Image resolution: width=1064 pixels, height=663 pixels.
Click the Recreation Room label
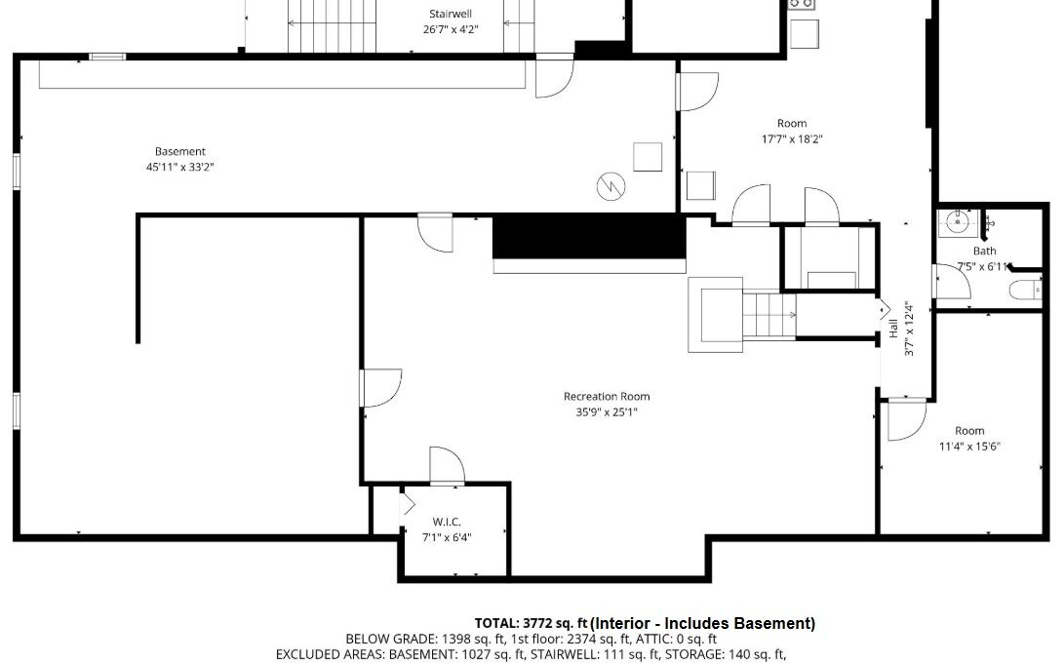click(607, 396)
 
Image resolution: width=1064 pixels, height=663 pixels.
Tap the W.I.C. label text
click(447, 522)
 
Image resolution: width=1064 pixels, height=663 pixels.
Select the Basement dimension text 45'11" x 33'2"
click(179, 167)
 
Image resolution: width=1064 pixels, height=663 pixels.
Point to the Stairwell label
click(451, 14)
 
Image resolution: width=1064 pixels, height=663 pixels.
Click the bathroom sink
click(958, 222)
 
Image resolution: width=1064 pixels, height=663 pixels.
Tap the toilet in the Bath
click(1025, 290)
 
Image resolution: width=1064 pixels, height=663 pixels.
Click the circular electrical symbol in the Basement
click(611, 186)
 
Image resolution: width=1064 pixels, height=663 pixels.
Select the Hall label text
click(893, 329)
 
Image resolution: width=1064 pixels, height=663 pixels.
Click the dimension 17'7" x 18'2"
click(792, 139)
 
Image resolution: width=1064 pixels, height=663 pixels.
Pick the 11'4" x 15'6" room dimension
click(969, 447)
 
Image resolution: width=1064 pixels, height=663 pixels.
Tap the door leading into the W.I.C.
click(448, 465)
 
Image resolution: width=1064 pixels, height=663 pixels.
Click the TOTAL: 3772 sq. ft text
click(532, 624)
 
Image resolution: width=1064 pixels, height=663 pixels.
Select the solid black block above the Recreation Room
click(589, 236)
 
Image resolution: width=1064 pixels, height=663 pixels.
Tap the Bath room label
click(985, 252)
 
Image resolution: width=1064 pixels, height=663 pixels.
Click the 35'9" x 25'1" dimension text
click(607, 411)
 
